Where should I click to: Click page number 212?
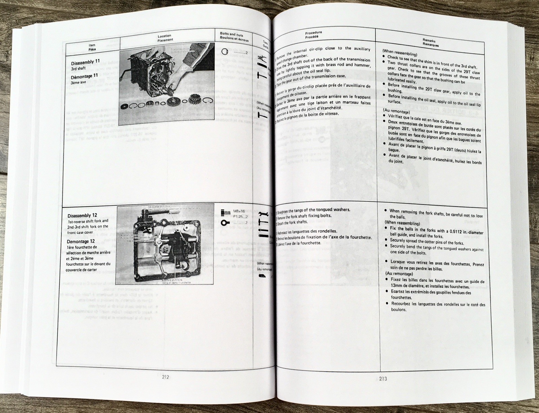pos(165,377)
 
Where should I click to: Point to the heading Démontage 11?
pos(84,76)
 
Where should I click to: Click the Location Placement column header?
pos(165,38)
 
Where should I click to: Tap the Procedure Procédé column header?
pos(313,34)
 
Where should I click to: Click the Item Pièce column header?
pos(92,47)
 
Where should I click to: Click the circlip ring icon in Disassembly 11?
pos(226,52)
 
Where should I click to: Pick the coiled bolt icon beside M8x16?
pos(225,213)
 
